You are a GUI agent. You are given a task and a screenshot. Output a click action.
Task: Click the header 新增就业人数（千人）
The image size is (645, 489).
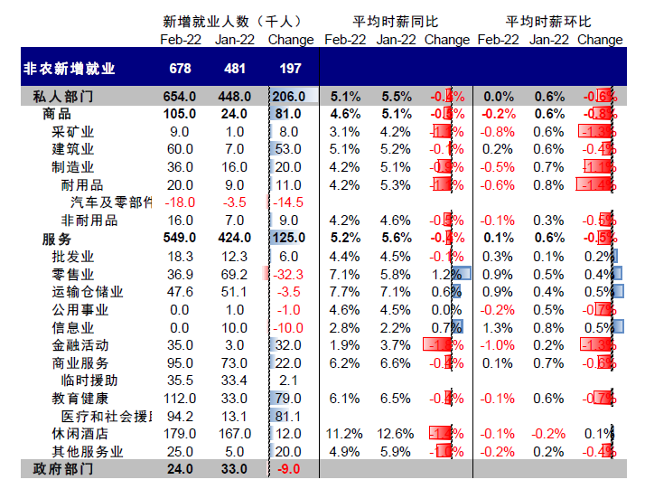tap(232, 21)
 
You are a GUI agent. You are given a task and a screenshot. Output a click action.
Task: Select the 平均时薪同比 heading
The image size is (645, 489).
tap(395, 21)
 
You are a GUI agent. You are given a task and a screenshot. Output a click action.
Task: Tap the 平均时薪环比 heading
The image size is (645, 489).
tap(548, 21)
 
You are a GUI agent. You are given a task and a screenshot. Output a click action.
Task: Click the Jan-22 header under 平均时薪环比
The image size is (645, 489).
tap(549, 39)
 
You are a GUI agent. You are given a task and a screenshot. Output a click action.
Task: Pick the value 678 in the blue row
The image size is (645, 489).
tap(180, 68)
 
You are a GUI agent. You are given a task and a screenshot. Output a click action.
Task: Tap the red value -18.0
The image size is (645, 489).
tap(178, 202)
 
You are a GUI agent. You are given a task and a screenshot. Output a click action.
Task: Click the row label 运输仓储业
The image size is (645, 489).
tap(88, 291)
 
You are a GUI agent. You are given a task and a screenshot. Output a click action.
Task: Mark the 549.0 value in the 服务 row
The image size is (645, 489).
tap(178, 238)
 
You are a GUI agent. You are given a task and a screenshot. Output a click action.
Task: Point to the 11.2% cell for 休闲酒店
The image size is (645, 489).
tap(344, 433)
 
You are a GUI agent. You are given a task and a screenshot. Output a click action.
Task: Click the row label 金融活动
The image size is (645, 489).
tap(80, 344)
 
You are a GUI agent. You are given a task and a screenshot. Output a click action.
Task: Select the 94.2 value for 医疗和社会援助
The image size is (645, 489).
tap(178, 416)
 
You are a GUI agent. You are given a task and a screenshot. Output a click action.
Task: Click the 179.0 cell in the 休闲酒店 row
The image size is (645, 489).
tap(178, 433)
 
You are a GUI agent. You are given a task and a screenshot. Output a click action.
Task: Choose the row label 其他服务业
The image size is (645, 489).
tap(88, 451)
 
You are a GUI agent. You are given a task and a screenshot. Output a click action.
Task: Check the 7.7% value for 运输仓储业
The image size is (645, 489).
tap(344, 291)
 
